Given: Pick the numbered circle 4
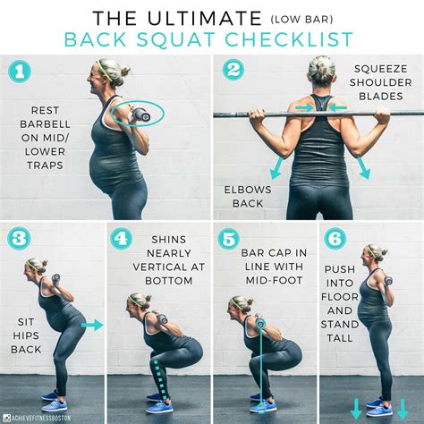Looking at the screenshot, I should click(122, 239).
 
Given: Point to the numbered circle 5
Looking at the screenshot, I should click(227, 239).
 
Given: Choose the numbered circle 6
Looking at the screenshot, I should click(334, 239).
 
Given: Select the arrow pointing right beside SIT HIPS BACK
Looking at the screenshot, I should click(92, 325).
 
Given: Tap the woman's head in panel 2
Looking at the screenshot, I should click(321, 72).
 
